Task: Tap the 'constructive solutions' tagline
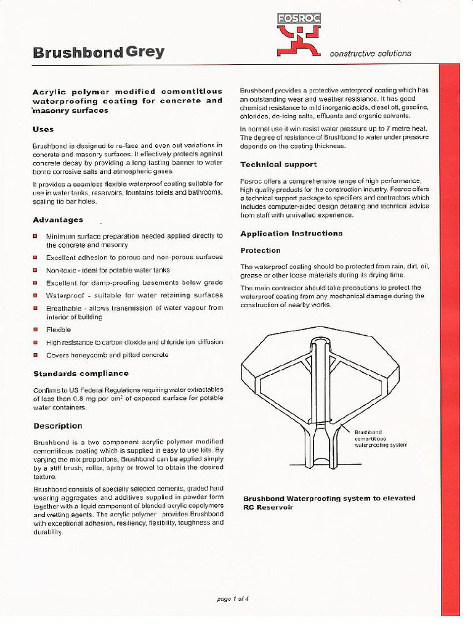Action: point(370,53)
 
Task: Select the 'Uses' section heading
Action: point(43,129)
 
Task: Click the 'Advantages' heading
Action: point(57,220)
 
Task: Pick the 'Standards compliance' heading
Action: point(81,373)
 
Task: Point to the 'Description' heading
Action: point(57,426)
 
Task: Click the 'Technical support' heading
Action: point(278,165)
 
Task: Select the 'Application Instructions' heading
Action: point(291,234)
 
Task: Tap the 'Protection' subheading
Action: point(260,250)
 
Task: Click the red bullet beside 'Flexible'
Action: point(36,330)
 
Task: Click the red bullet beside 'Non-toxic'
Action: point(36,270)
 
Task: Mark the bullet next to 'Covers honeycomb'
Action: point(36,355)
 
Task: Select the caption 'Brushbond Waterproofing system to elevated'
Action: point(329,498)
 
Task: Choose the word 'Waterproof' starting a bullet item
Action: point(65,295)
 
